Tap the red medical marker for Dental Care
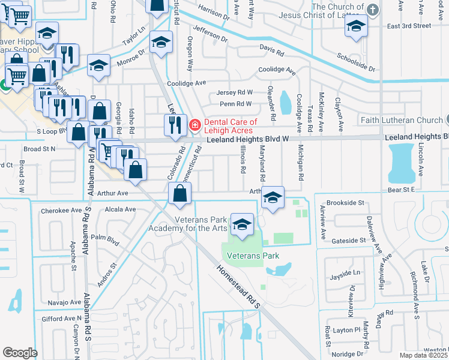(194, 125)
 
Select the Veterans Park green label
(253, 256)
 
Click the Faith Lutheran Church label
(400, 120)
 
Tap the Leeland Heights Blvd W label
(248, 139)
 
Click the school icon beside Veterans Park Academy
(242, 225)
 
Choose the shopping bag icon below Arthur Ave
(180, 194)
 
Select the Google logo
(20, 352)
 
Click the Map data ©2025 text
(424, 355)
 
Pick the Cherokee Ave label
(61, 211)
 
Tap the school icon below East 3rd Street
(357, 26)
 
